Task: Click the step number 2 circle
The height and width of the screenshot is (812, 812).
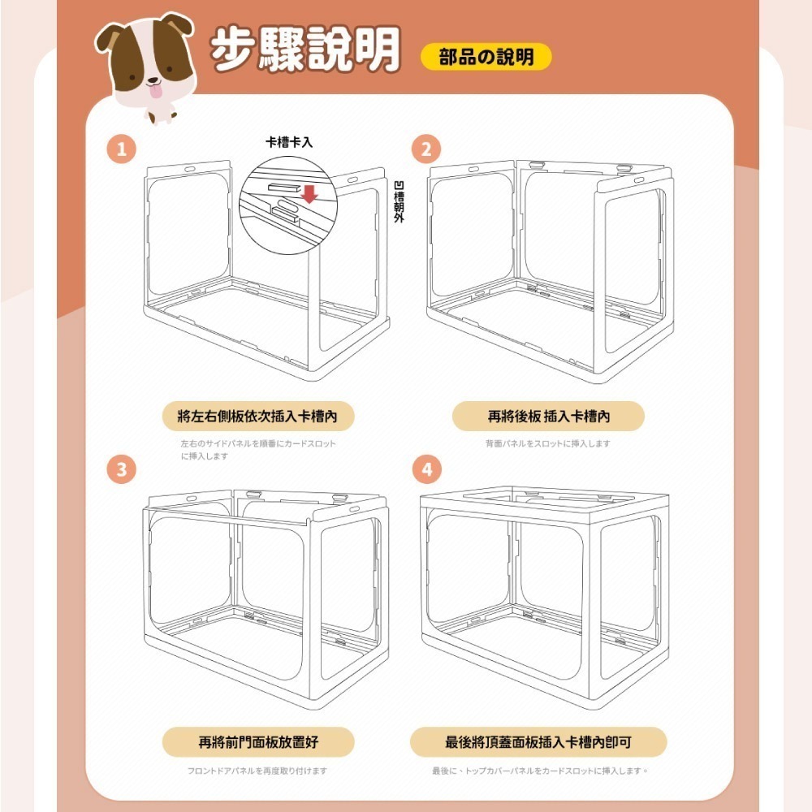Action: [426, 149]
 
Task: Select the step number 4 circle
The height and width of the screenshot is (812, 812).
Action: [426, 469]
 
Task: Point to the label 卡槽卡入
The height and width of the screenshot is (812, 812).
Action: [289, 141]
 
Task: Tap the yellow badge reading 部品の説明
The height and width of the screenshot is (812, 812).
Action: [486, 57]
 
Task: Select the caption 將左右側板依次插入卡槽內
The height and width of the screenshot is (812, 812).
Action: [257, 416]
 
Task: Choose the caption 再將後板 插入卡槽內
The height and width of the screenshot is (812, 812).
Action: [548, 416]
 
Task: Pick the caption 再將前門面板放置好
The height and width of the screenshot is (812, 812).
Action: [257, 742]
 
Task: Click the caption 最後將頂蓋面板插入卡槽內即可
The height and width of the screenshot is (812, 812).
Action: [538, 742]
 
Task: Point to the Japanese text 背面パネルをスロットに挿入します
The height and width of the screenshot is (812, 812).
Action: [547, 443]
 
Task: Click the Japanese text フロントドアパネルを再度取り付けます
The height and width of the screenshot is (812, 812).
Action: [257, 771]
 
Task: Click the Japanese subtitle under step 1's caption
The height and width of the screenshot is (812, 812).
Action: [257, 450]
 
